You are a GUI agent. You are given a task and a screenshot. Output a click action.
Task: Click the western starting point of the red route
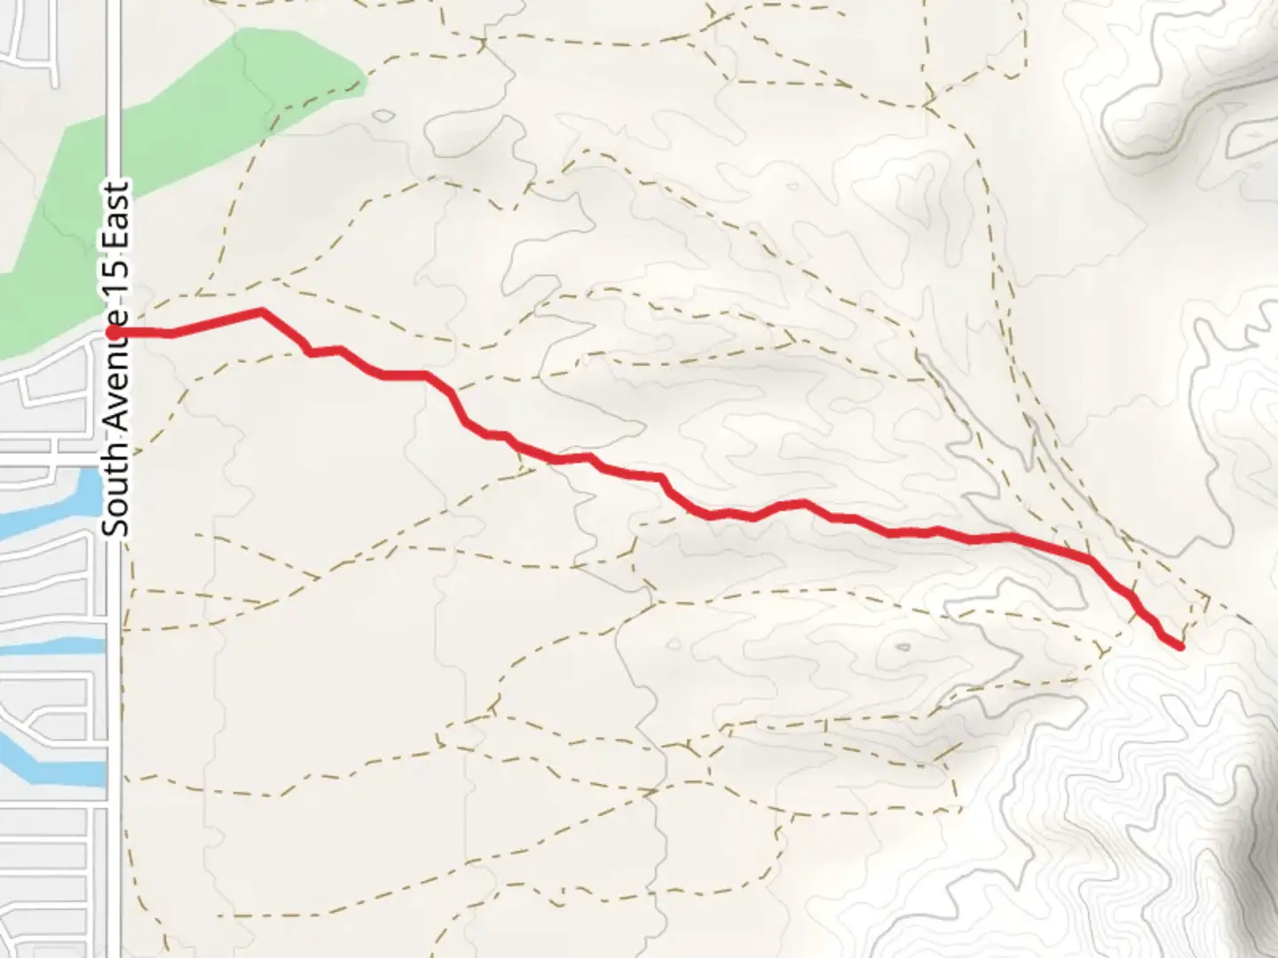click(114, 332)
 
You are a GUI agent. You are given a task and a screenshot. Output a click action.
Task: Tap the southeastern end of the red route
click(1180, 647)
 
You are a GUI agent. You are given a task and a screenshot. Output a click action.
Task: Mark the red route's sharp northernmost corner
click(262, 311)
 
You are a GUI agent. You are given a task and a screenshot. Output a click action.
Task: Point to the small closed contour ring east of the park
click(384, 116)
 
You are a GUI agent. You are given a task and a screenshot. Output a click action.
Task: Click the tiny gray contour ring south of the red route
click(903, 648)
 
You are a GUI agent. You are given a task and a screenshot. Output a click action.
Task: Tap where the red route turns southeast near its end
click(1090, 560)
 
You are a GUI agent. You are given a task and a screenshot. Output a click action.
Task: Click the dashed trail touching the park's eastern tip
click(364, 82)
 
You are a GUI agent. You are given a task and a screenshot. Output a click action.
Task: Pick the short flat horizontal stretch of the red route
click(405, 375)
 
